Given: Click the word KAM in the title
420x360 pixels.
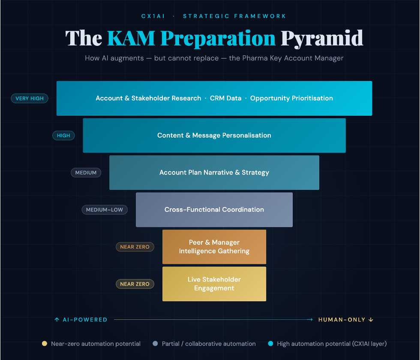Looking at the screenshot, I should tap(131, 38).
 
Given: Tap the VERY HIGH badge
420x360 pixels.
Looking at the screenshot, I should tap(30, 98).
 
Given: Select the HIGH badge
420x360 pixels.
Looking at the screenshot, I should tap(63, 135).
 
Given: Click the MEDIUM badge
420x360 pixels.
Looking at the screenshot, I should tap(86, 172).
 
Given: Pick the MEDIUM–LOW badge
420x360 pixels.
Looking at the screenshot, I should tap(105, 210).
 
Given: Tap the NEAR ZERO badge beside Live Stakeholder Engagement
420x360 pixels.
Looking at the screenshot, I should tap(135, 284).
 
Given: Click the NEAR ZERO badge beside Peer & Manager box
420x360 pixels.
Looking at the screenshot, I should tap(135, 247).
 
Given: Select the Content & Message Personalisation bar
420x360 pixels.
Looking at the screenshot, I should tap(214, 135).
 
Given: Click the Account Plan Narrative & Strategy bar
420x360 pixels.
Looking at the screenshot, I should tap(214, 172).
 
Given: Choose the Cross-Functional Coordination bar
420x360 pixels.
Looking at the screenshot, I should tap(214, 210).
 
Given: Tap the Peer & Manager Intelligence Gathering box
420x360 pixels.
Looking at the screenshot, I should tap(214, 247).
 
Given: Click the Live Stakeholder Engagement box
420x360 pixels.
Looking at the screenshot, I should tap(214, 284).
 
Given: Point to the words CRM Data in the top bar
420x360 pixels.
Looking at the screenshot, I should tap(225, 98).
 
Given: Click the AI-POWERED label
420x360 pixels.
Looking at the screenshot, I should tap(81, 320).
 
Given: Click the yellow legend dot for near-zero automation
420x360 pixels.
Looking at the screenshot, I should tap(44, 344).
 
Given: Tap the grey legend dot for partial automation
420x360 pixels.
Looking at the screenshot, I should tap(155, 344).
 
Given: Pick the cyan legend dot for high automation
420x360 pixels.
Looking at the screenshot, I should tap(270, 344).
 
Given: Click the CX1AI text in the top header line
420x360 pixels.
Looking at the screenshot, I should tap(153, 16).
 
